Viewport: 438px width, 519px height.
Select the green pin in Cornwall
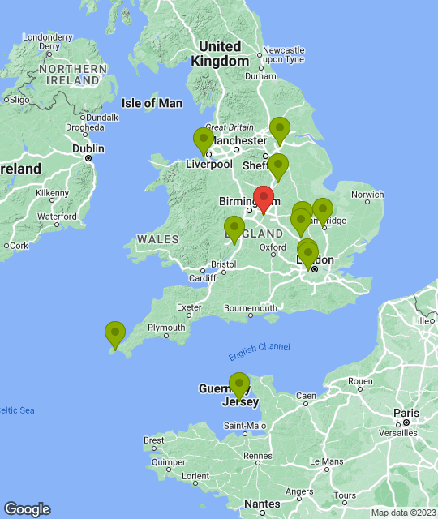point(115,334)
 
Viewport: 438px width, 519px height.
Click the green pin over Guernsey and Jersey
point(239,385)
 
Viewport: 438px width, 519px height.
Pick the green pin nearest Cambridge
point(322,211)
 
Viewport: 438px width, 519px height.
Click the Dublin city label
point(88,148)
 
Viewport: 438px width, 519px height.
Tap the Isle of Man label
point(152,103)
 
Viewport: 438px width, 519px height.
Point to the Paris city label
point(406,412)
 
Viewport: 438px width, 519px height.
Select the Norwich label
point(367,195)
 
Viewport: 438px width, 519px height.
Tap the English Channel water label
point(259,347)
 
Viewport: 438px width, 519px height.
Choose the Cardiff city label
point(202,278)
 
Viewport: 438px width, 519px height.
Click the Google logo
point(27,508)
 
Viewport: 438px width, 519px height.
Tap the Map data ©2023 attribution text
point(401,513)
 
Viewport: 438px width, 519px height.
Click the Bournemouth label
point(251,308)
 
